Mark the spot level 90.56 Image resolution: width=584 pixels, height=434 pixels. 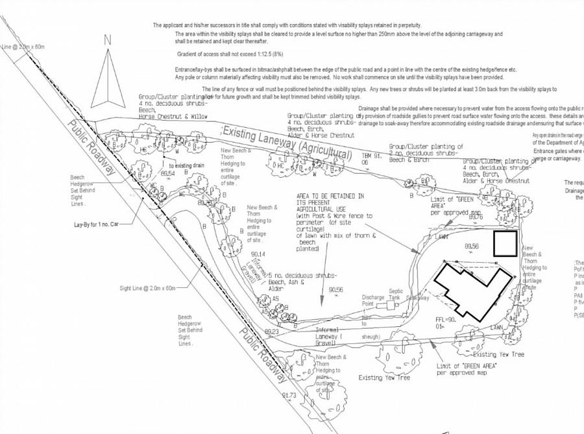(335, 289)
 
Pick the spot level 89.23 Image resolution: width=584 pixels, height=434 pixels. (271, 332)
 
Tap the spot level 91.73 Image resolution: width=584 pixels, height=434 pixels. (289, 395)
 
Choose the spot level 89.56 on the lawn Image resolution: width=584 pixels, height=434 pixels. (472, 247)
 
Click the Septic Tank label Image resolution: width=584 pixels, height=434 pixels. (396, 295)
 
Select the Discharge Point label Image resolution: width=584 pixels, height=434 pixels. (373, 300)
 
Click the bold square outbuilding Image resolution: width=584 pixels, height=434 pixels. (505, 243)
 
